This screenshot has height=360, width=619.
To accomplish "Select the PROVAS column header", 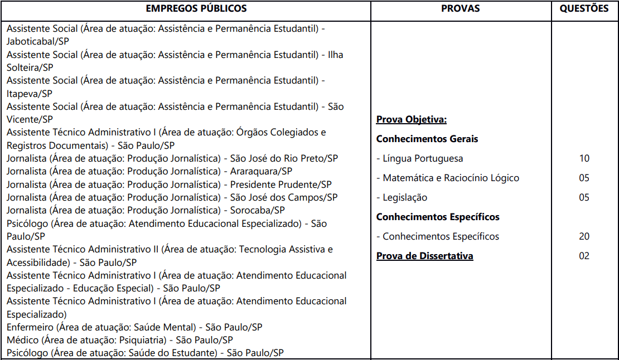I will click(460, 8).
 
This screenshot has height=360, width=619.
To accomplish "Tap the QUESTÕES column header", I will click(584, 8).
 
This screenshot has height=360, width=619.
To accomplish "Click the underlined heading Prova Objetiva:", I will click(412, 119).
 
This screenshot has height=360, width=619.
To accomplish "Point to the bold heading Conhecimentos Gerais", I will click(427, 139).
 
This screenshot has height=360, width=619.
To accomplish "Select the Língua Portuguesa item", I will click(419, 158).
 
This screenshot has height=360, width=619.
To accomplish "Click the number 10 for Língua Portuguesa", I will click(584, 158).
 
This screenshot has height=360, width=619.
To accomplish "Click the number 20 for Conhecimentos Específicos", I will click(584, 236).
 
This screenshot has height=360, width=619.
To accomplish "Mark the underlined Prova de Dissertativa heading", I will click(424, 256).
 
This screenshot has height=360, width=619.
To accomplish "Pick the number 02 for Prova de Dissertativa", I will click(584, 256).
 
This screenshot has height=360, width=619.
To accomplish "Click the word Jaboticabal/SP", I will click(38, 41).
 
